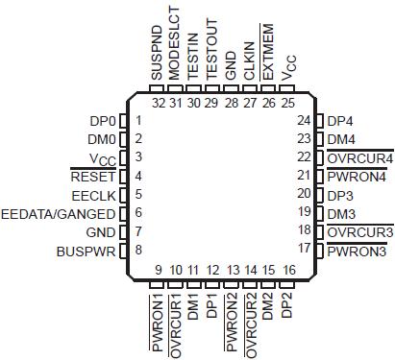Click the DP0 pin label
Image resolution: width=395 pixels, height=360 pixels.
click(101, 121)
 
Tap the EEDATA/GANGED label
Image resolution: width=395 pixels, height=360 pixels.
click(59, 213)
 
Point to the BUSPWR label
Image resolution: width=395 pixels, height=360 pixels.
click(87, 251)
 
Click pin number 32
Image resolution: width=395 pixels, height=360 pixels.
click(157, 103)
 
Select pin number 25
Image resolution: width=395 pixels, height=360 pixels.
click(286, 103)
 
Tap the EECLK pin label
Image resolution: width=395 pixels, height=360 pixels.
click(95, 195)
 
